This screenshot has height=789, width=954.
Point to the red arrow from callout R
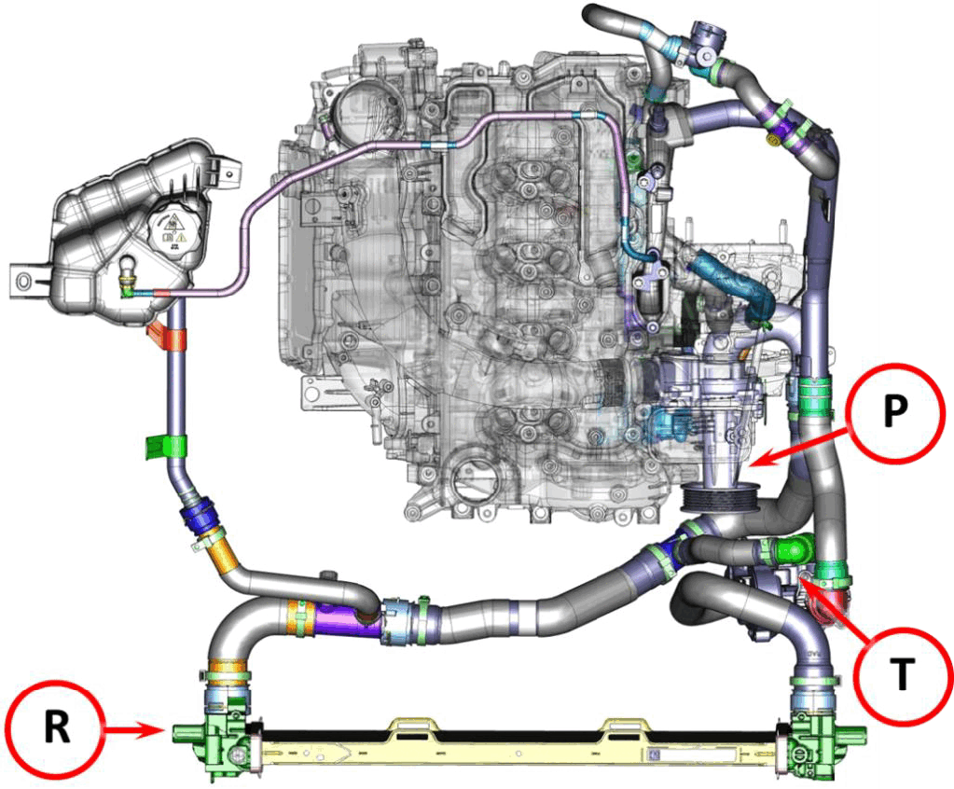[135, 730]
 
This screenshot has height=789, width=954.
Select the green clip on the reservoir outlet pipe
[165, 447]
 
